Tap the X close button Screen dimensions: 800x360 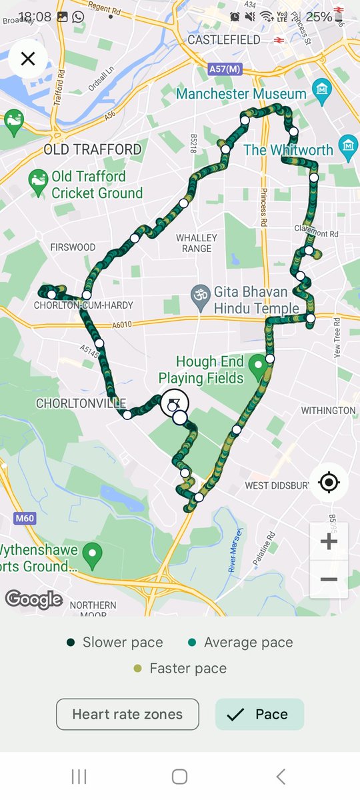pos(28,59)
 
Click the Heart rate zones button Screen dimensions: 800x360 pos(127,714)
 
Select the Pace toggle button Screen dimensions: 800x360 pos(259,714)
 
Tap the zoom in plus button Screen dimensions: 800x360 pos(329,541)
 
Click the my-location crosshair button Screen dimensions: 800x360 pos(328,481)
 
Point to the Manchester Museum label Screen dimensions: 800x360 pos(241,94)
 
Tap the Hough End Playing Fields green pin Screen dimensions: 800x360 pos(258,365)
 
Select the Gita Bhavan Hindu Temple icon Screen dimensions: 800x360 pos(198,293)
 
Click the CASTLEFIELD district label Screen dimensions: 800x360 pos(224,40)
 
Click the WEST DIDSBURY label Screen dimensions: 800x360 pos(277,485)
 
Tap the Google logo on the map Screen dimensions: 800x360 pos(34,599)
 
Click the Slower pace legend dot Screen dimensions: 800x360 pos(71,643)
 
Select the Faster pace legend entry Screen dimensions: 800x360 pos(180,668)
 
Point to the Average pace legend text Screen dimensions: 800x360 pos(248,643)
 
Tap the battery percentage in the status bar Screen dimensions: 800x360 pos(319,17)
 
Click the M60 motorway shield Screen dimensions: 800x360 pos(24,518)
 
